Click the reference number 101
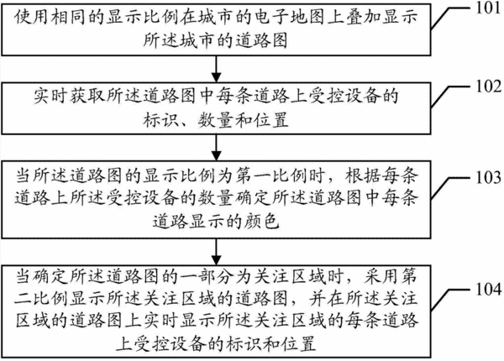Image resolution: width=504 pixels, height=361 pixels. [x=488, y=8]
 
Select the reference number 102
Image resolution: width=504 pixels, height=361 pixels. [x=488, y=86]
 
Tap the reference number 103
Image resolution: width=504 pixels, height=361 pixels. [x=488, y=178]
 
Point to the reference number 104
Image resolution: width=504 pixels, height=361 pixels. [x=488, y=289]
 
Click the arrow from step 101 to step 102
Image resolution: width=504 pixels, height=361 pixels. [x=217, y=69]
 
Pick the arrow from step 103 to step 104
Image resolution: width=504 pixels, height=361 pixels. [x=217, y=252]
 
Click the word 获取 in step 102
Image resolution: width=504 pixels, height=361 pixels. [x=87, y=96]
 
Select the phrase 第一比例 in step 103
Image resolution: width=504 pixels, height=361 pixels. [x=270, y=176]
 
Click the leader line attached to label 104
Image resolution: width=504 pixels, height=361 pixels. [x=452, y=301]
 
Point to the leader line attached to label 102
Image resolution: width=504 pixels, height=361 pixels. [x=452, y=97]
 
